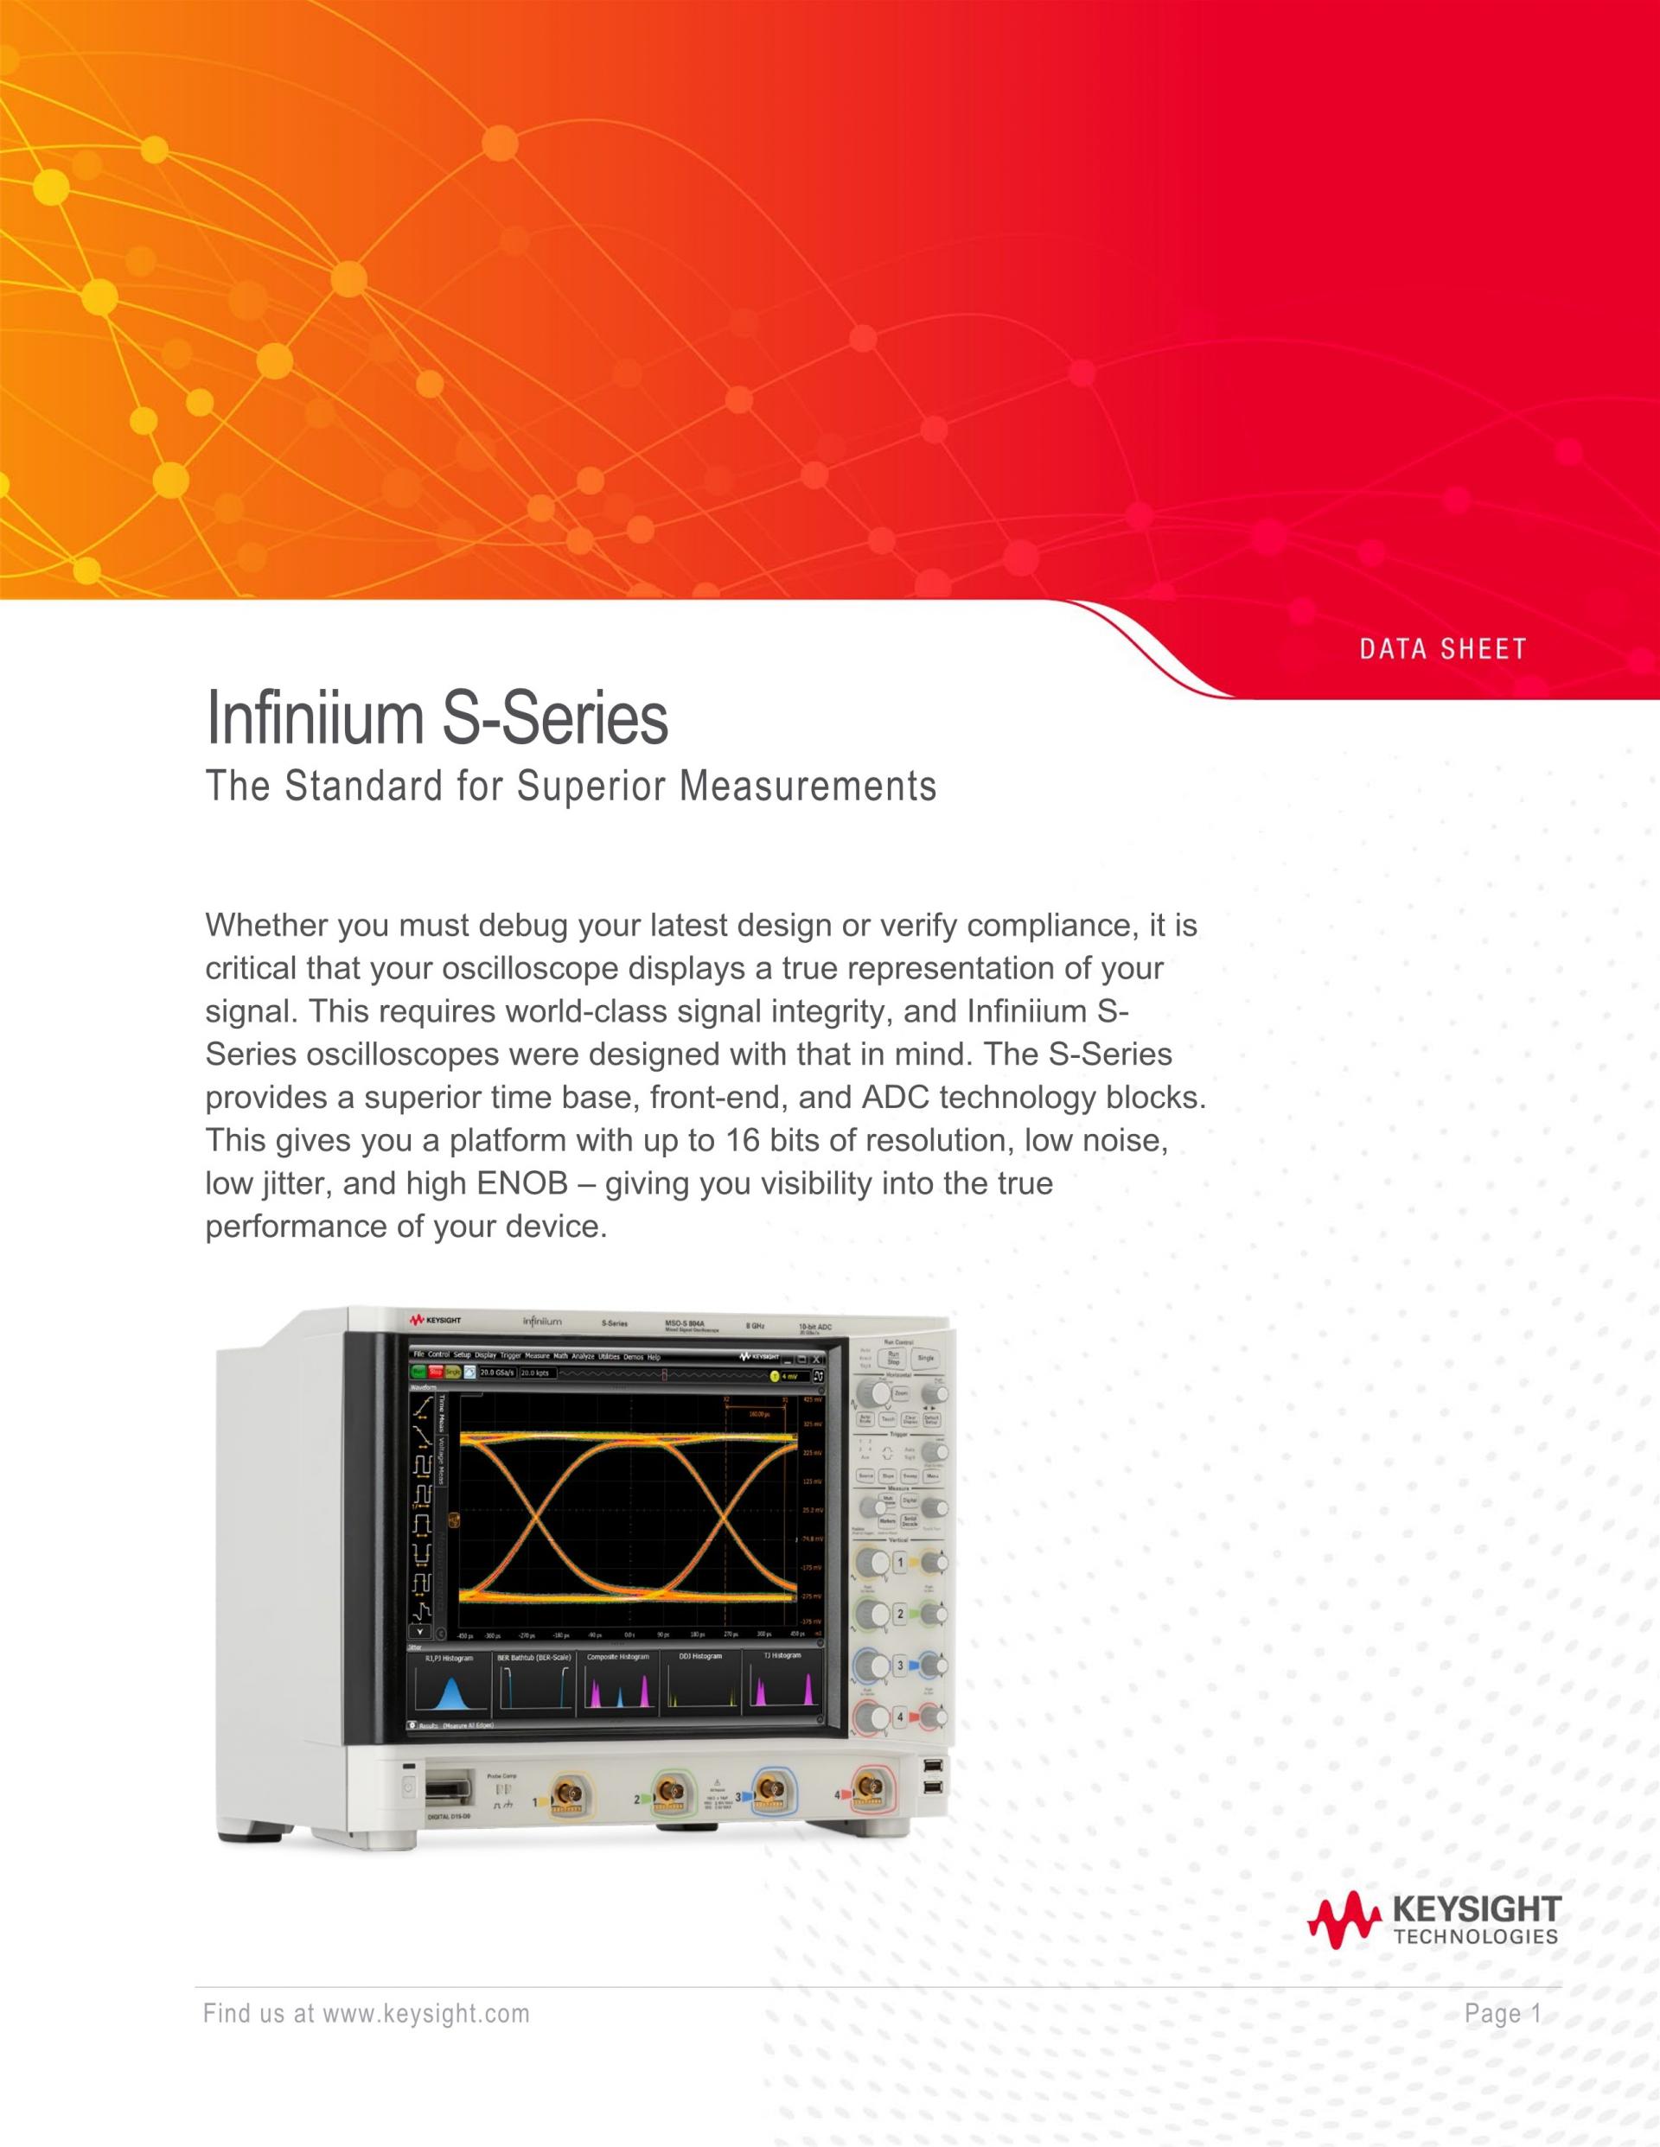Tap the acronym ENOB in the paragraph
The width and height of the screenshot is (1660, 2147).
[522, 1182]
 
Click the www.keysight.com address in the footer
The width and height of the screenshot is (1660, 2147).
[426, 2014]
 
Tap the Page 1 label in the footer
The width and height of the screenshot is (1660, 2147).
[1503, 2014]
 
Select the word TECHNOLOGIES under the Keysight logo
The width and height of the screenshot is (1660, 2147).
[1475, 1938]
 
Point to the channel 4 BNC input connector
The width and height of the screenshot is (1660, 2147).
[867, 1791]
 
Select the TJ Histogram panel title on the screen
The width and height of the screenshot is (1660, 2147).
[782, 1655]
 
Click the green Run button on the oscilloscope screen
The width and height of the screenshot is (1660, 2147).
[420, 1373]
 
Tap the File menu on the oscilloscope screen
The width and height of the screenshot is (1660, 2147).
[418, 1355]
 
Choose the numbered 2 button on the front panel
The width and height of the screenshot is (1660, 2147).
[899, 1615]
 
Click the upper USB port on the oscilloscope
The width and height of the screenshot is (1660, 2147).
[932, 1768]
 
